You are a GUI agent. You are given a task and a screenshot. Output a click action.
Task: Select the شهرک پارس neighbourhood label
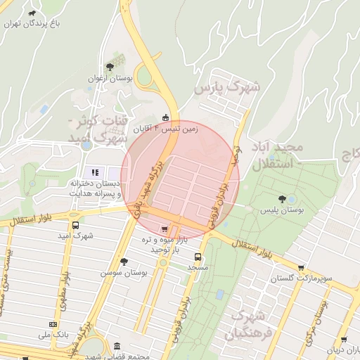point(227,89)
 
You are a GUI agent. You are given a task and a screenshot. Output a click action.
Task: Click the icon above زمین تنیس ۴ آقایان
point(165,117)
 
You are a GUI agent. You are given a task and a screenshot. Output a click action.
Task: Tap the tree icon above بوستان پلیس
point(282,200)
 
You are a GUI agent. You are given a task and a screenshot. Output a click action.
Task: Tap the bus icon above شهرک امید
point(76,226)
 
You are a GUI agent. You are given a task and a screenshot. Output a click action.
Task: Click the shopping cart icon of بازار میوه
point(165,229)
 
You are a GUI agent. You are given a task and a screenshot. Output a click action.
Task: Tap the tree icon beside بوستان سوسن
point(124,261)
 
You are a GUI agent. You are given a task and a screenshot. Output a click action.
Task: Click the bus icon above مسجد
point(198,257)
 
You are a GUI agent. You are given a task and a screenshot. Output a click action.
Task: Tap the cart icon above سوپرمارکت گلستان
point(302,268)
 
